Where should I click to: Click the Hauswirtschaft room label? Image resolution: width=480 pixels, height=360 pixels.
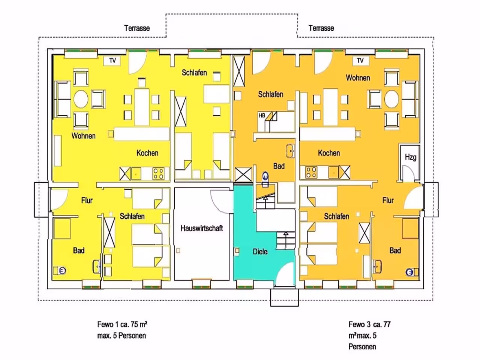pyautogui.click(x=202, y=228)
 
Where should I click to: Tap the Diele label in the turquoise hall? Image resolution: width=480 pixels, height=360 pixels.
pyautogui.click(x=260, y=252)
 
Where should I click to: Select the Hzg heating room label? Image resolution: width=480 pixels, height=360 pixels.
pyautogui.click(x=411, y=157)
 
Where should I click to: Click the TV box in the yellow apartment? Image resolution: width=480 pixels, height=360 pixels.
pyautogui.click(x=112, y=60)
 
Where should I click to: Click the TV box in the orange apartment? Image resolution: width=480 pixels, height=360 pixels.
pyautogui.click(x=361, y=60)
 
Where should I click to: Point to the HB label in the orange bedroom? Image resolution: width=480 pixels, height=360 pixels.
pyautogui.click(x=262, y=115)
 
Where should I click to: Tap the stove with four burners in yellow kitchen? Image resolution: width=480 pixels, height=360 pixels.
pyautogui.click(x=159, y=173)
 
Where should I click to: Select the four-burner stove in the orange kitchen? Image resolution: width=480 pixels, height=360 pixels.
pyautogui.click(x=311, y=172)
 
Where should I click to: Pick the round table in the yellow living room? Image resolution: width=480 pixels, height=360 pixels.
pyautogui.click(x=81, y=99)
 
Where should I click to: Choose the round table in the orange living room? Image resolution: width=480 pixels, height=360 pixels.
pyautogui.click(x=391, y=99)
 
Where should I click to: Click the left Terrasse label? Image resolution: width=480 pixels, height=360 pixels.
pyautogui.click(x=137, y=28)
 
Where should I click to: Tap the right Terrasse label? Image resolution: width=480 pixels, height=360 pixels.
pyautogui.click(x=321, y=28)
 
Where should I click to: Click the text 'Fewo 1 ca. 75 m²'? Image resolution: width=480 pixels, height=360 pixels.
pyautogui.click(x=122, y=324)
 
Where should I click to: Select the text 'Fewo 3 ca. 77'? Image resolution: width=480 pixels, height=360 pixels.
pyautogui.click(x=370, y=324)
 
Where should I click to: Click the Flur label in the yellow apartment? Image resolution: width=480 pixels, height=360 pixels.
pyautogui.click(x=87, y=200)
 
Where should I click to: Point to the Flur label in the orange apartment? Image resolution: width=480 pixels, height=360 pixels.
pyautogui.click(x=388, y=200)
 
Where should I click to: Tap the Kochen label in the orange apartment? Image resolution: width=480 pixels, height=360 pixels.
pyautogui.click(x=329, y=153)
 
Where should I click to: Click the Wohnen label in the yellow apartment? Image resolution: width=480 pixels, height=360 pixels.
pyautogui.click(x=84, y=136)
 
